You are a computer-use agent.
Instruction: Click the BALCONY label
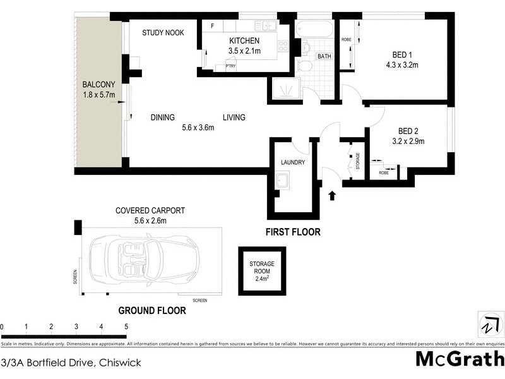pyautogui.click(x=98, y=84)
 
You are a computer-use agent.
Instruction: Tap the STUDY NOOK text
pyautogui.click(x=163, y=33)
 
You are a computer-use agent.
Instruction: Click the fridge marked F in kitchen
pyautogui.click(x=212, y=26)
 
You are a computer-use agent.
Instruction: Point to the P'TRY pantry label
pyautogui.click(x=222, y=66)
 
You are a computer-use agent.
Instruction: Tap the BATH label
pyautogui.click(x=324, y=56)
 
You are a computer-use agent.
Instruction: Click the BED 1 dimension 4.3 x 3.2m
pyautogui.click(x=403, y=64)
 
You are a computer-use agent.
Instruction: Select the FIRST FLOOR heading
pyautogui.click(x=292, y=232)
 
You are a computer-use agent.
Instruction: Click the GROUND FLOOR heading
pyautogui.click(x=152, y=310)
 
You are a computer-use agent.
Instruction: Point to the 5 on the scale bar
pyautogui.click(x=126, y=327)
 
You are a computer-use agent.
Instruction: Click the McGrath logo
pyautogui.click(x=460, y=358)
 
